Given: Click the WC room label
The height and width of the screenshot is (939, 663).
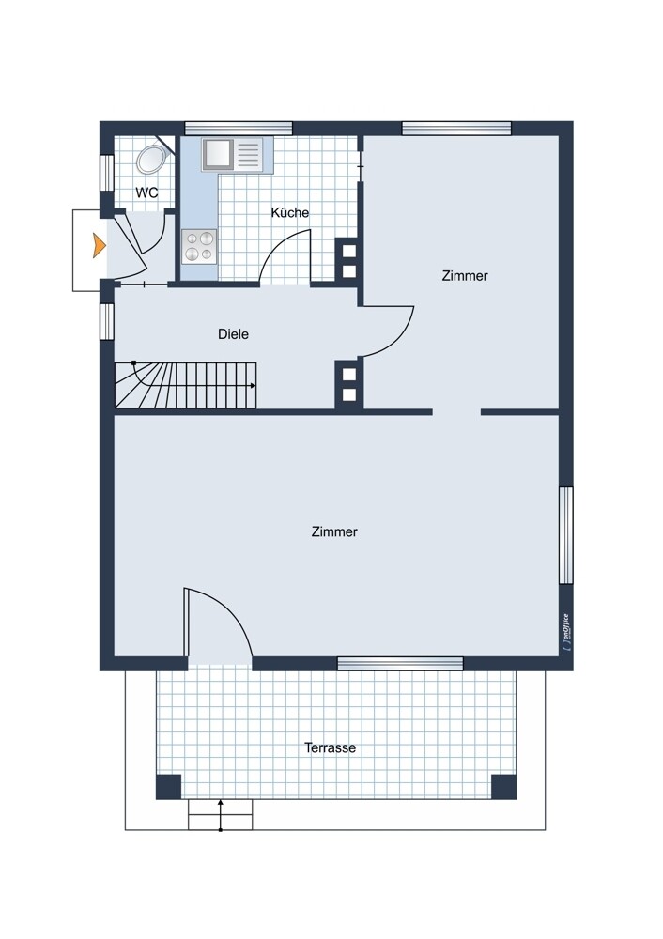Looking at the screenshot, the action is (146, 192).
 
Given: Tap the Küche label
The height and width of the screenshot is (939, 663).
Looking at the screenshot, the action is (290, 212).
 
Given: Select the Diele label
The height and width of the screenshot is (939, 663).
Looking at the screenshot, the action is (233, 334).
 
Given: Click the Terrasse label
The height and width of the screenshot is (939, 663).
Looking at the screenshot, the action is (330, 748).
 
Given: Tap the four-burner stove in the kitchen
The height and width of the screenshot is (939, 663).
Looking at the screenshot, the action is (199, 246).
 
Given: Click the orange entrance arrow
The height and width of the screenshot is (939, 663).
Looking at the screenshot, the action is (99, 246).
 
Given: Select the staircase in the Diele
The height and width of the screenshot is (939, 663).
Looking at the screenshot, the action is (186, 386).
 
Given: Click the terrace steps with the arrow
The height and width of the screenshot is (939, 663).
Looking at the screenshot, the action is (221, 814).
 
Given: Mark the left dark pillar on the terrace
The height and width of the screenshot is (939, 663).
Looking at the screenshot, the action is (168, 787).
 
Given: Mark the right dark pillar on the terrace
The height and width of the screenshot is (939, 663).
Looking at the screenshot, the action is (503, 787).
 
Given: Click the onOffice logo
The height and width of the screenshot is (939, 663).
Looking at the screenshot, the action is (566, 631).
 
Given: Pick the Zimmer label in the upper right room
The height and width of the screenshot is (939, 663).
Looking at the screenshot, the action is (465, 276).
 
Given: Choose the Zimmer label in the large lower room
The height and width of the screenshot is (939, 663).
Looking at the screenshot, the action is (334, 531).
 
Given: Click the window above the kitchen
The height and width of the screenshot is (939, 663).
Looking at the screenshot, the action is (239, 128).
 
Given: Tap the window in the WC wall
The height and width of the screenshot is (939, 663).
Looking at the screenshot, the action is (107, 173).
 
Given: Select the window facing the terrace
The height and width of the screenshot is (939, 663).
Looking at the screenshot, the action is (400, 663).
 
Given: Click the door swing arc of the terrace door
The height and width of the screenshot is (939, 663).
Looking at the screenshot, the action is (231, 607).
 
